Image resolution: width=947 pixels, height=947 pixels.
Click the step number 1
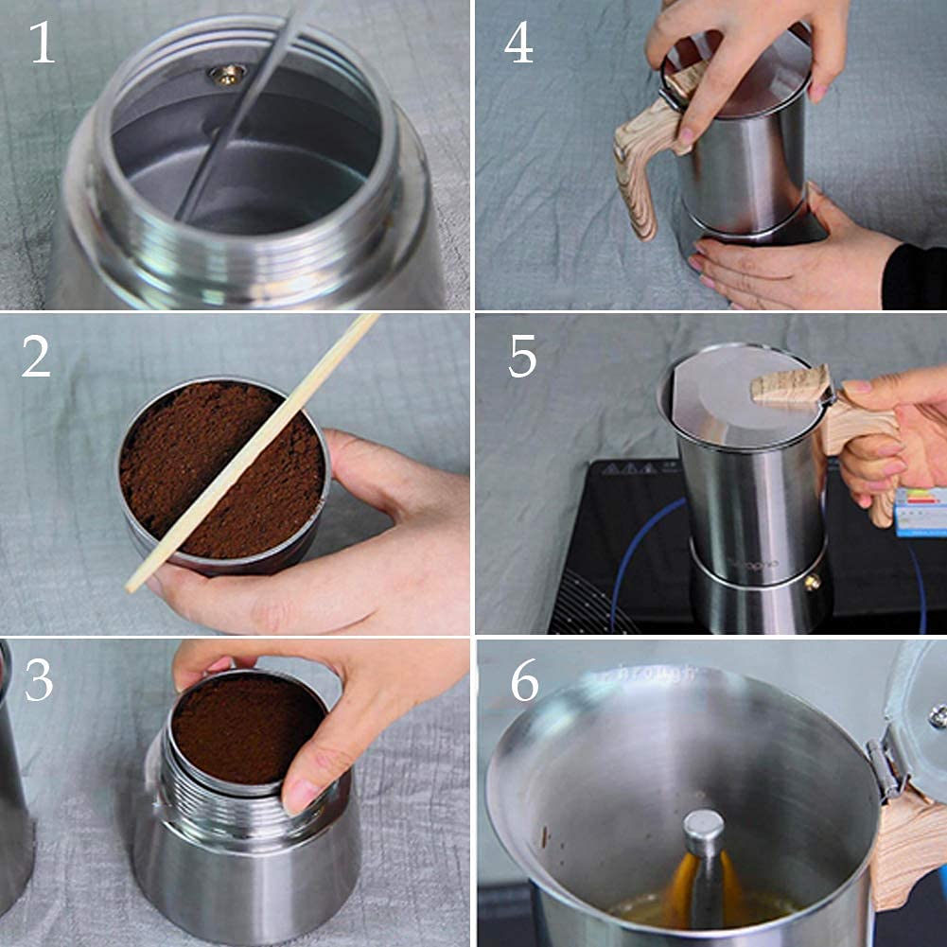coord(43,43)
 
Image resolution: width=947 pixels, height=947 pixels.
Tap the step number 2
coord(36,357)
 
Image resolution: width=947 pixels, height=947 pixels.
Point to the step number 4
coord(518,43)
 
